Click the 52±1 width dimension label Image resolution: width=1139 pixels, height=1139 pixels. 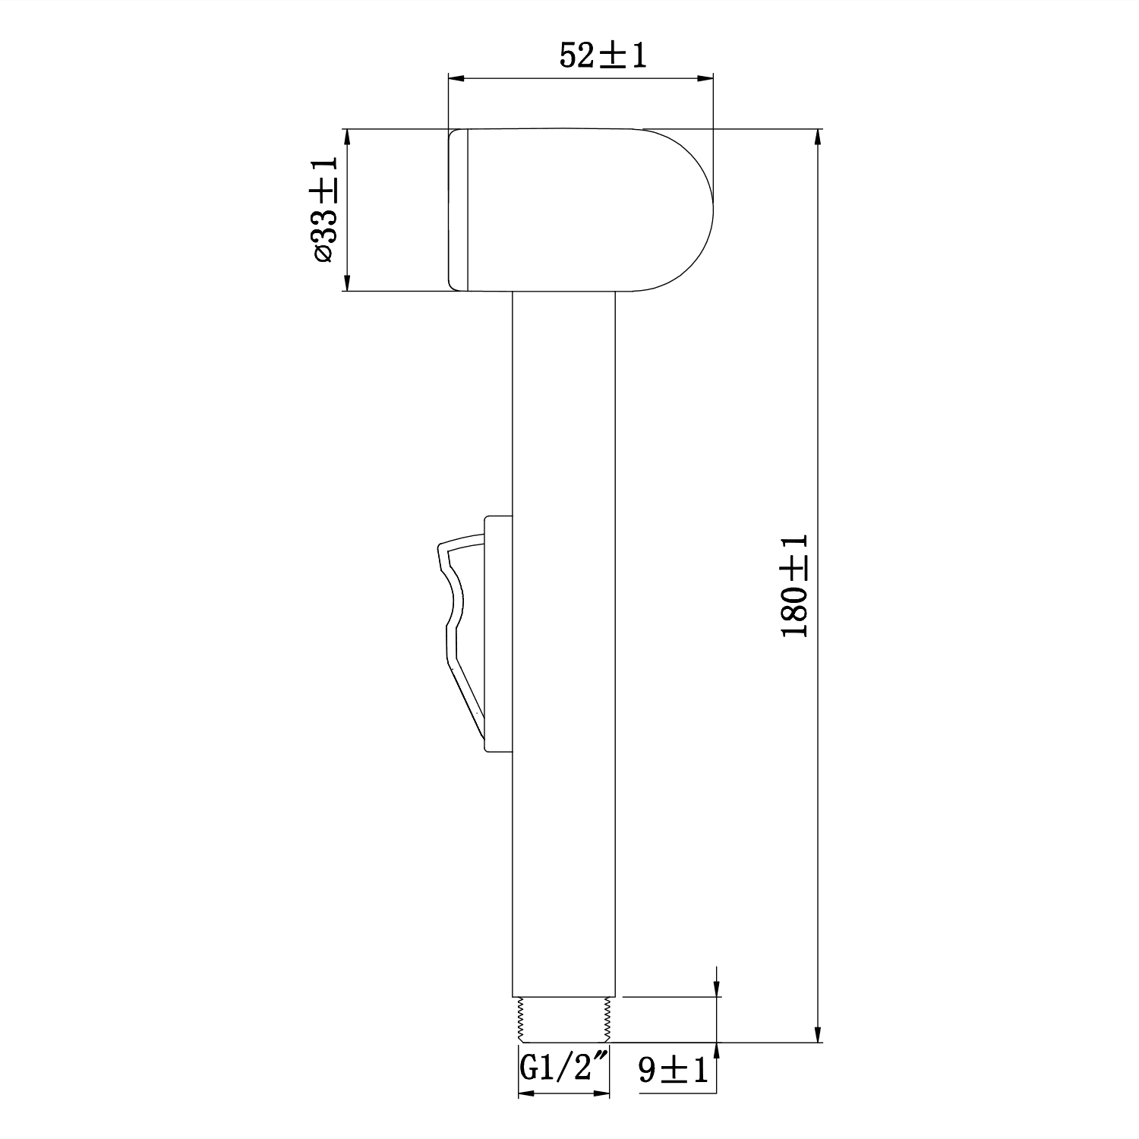click(x=603, y=56)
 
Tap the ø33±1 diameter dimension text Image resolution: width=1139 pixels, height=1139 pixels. click(x=323, y=210)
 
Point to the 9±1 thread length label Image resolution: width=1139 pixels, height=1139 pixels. click(x=673, y=1071)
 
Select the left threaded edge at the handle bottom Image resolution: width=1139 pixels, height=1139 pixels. click(x=520, y=1019)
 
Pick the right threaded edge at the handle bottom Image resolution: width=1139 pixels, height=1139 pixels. click(x=608, y=1019)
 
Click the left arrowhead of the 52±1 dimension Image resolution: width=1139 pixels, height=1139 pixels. click(x=456, y=77)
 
